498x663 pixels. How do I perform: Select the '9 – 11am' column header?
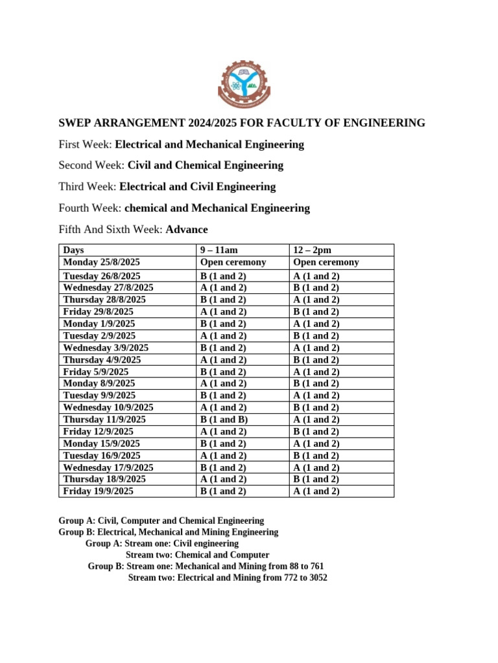[220, 250]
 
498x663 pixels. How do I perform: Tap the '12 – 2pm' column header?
[313, 250]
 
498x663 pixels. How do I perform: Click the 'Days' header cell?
[73, 250]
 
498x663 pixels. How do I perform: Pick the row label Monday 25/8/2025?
[101, 262]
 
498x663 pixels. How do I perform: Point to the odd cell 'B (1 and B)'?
[224, 420]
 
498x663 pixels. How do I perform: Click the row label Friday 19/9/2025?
[98, 491]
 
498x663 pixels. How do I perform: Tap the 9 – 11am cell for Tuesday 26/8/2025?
[224, 276]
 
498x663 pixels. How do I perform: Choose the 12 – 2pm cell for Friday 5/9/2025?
[316, 372]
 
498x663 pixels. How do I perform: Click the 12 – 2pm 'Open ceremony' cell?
[326, 262]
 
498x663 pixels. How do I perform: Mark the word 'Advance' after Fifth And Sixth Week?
[187, 229]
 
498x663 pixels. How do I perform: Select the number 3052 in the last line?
[316, 578]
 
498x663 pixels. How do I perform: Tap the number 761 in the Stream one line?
[316, 566]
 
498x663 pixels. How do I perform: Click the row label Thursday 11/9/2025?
[104, 420]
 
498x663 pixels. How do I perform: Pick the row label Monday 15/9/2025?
[101, 444]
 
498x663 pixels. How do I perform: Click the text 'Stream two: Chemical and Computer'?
[197, 555]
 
